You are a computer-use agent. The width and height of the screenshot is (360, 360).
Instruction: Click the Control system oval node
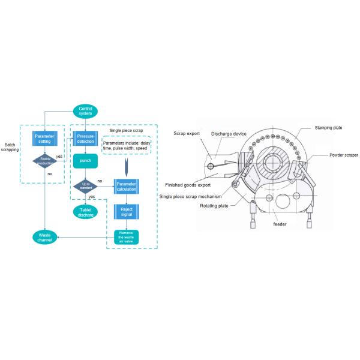85,111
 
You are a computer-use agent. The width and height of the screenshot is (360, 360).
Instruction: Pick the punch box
85,161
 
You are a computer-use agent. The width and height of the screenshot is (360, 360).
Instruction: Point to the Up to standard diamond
85,187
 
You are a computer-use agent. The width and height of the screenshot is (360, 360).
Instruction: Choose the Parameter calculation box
126,186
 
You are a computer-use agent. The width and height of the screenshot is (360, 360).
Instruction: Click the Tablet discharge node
85,212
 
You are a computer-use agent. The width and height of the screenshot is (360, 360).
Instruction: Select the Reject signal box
126,212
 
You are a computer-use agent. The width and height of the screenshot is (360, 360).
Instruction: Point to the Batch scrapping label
10,147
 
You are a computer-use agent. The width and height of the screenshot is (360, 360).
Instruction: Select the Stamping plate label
328,128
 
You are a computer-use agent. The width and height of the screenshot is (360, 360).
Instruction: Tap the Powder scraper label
344,155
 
